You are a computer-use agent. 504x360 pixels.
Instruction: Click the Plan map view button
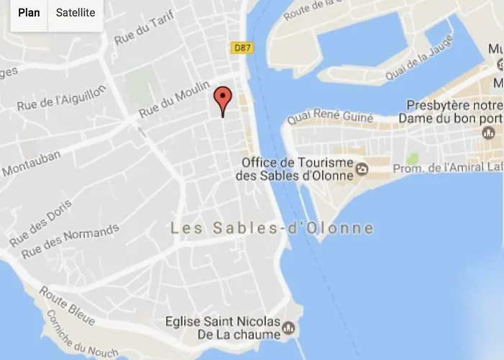(28, 13)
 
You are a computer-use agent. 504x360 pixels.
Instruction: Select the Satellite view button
(76, 13)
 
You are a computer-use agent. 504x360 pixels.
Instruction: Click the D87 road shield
(240, 48)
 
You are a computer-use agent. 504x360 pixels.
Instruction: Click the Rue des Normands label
(71, 241)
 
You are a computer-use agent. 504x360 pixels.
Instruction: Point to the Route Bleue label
(64, 302)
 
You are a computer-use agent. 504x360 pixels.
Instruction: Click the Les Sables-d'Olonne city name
(272, 228)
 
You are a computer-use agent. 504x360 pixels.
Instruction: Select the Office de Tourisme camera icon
(361, 169)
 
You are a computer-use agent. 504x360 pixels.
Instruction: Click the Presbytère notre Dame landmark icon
(488, 132)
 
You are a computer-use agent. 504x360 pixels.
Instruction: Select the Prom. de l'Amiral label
(447, 168)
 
